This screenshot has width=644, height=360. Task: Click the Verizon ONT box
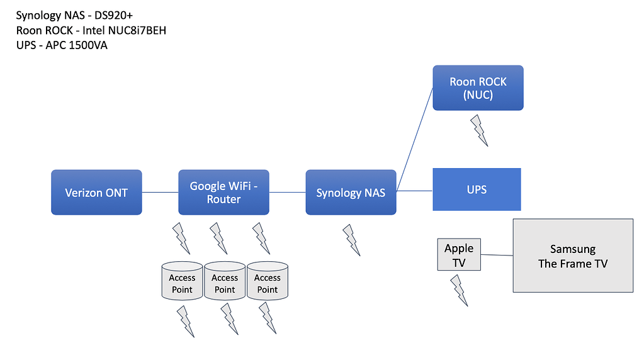(x=96, y=192)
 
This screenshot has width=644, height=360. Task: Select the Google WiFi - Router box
(x=223, y=192)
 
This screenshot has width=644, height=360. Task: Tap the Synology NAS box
(x=351, y=192)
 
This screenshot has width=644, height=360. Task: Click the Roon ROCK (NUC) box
(x=478, y=87)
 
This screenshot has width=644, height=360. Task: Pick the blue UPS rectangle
(x=477, y=189)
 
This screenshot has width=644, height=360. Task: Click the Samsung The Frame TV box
(x=573, y=256)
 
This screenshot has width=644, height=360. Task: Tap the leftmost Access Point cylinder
(x=182, y=281)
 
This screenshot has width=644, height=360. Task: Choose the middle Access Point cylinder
(x=225, y=281)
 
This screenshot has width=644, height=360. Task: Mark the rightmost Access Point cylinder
(x=268, y=281)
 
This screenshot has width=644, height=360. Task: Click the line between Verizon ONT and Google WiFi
(x=160, y=192)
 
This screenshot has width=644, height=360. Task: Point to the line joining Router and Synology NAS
(x=287, y=192)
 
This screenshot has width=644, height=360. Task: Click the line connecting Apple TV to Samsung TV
(x=497, y=255)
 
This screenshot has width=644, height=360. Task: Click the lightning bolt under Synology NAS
(x=352, y=240)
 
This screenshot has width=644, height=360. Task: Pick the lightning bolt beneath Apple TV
(x=460, y=290)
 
